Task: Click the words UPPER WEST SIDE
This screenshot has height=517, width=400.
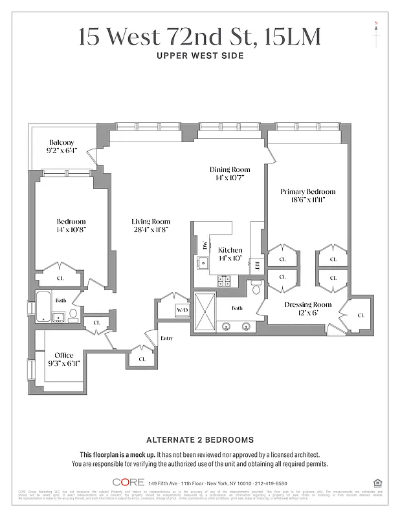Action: tap(200, 56)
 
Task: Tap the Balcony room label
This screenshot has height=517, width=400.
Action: tap(62, 143)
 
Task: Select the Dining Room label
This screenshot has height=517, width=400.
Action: tap(226, 170)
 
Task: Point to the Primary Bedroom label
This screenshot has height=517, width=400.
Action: tap(307, 192)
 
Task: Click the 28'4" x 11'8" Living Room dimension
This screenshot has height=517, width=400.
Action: tap(151, 229)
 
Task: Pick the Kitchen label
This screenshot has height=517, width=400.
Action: tap(230, 250)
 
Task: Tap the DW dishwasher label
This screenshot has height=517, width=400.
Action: tap(205, 246)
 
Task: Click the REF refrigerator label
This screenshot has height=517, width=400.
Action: tap(257, 265)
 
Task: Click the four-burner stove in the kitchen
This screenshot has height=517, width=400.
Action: tap(224, 280)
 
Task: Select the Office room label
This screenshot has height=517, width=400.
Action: tap(64, 355)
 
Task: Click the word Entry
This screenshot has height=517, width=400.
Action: tap(167, 338)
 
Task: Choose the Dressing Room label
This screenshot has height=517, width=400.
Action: tap(308, 304)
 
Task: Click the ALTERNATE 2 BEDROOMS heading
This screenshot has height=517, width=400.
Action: tap(200, 439)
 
